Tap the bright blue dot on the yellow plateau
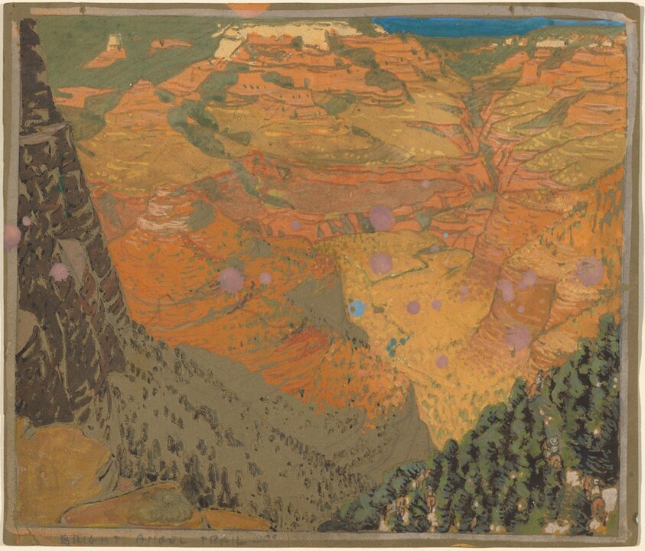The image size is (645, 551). tap(357, 308)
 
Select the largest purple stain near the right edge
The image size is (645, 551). tap(590, 271)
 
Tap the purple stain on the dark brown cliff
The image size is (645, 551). tap(60, 271)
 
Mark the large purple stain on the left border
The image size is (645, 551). tap(11, 235)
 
